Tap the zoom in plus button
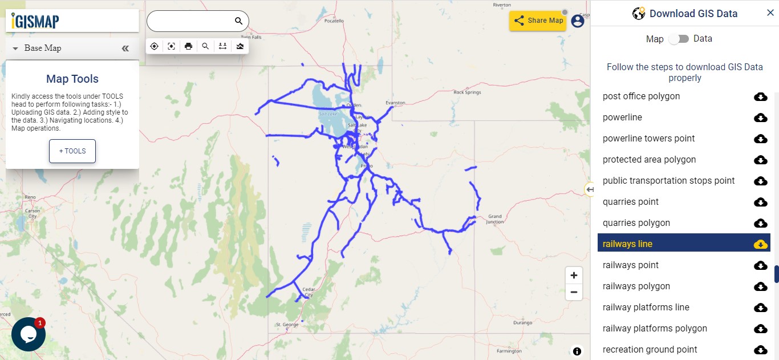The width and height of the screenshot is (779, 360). click(x=574, y=275)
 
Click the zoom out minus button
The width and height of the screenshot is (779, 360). click(x=574, y=292)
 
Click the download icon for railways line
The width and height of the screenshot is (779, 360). click(x=760, y=244)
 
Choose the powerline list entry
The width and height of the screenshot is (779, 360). click(x=622, y=118)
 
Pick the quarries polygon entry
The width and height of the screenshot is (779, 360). click(x=636, y=223)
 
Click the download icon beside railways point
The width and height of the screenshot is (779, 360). click(x=760, y=265)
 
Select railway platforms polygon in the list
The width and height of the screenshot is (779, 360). click(x=655, y=329)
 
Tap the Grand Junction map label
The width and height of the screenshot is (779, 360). click(x=494, y=219)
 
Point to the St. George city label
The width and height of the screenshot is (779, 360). click(x=287, y=325)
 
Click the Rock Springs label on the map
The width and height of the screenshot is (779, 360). click(x=467, y=92)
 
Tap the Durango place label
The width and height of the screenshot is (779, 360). click(x=522, y=322)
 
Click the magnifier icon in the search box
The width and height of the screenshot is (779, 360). click(x=238, y=21)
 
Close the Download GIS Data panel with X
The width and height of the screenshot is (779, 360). click(x=770, y=13)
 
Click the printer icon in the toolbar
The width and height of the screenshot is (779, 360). click(x=188, y=46)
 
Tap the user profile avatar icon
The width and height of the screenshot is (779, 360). click(x=578, y=21)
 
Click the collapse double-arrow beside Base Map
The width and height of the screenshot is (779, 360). click(x=125, y=48)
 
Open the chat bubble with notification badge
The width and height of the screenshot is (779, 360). click(x=29, y=334)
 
